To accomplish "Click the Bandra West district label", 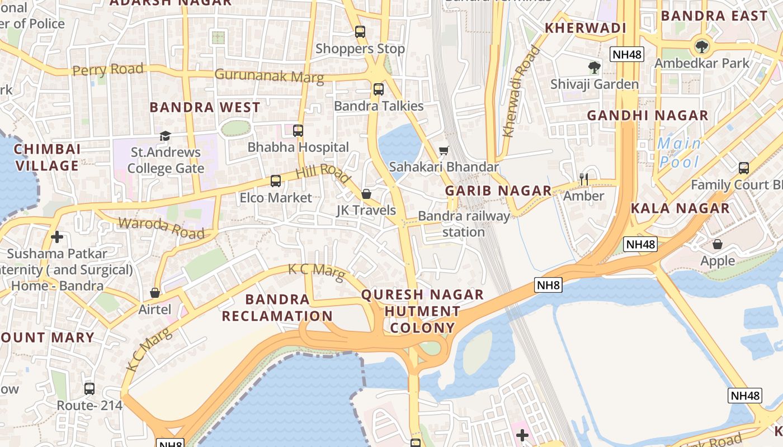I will [x=205, y=107].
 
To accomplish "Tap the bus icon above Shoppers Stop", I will [x=360, y=32].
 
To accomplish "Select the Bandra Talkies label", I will [x=379, y=106].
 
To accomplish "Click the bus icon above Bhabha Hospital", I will [x=298, y=131].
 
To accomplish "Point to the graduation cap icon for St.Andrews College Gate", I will [x=165, y=136].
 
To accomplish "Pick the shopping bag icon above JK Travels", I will [x=366, y=194].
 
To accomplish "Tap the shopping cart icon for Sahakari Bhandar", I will [x=444, y=150].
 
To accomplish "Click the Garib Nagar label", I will [x=498, y=191].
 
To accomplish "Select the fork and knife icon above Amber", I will [x=584, y=179].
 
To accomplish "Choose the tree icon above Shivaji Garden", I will [x=594, y=68].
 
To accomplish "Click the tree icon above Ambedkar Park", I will [x=701, y=46].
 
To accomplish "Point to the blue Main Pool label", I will [x=679, y=153].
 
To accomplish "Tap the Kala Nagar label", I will [x=680, y=208].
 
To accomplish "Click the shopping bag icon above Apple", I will [x=718, y=244].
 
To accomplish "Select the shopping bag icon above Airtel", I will [x=155, y=293].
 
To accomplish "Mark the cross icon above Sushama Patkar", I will [x=56, y=237].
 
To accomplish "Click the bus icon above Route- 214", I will [x=89, y=389].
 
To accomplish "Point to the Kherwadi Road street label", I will [x=521, y=92].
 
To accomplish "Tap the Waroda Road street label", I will [x=162, y=228].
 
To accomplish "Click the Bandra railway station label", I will [x=464, y=223].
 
